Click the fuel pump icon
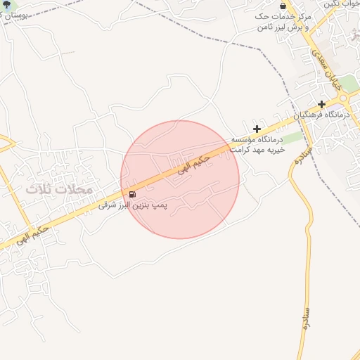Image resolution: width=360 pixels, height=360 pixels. tap(131, 193)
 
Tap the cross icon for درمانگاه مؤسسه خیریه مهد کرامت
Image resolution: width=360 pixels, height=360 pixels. tap(257, 129)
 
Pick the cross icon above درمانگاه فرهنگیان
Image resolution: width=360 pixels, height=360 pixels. tap(321, 104)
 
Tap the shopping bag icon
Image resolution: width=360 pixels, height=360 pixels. tap(283, 5)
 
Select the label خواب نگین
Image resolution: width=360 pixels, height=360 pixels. tap(342, 4)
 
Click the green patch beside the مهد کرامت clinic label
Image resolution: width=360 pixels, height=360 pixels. tap(293, 138)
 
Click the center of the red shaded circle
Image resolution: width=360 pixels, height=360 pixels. tap(180, 179)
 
